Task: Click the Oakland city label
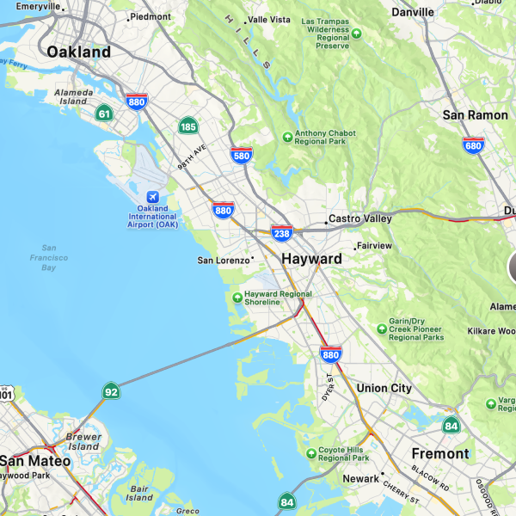point(79,52)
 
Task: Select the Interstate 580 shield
point(242,156)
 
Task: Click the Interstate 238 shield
point(281,232)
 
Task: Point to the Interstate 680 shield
point(473,145)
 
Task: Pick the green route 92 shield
point(110,392)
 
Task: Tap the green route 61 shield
point(104,113)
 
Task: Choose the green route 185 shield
point(188,126)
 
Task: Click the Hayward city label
point(311,258)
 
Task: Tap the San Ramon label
point(475,114)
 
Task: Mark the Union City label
point(384,388)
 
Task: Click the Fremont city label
point(440,453)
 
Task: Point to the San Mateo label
point(34,461)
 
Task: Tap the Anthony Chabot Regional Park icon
point(288,136)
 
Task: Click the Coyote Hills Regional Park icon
point(311,453)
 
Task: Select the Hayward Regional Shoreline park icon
point(237,298)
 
